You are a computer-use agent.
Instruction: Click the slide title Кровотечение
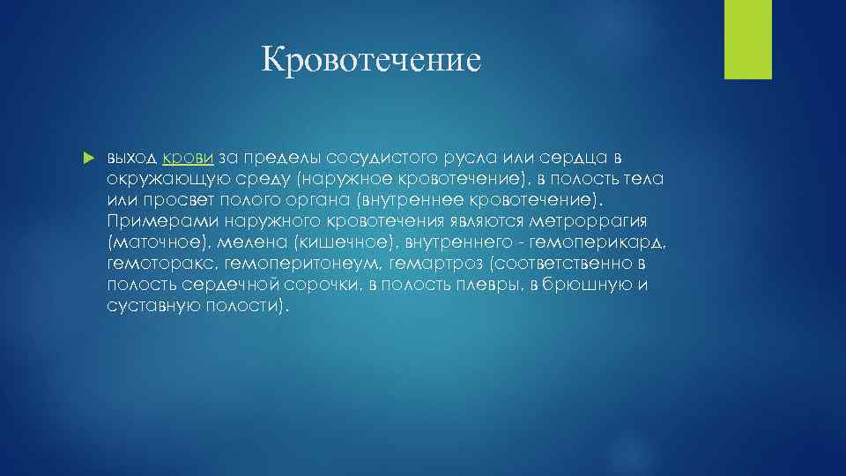click(371, 61)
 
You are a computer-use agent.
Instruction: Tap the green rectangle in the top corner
click(747, 39)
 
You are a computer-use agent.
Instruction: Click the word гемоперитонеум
click(297, 264)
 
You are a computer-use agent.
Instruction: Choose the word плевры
click(487, 285)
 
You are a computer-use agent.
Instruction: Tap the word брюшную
click(586, 285)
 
